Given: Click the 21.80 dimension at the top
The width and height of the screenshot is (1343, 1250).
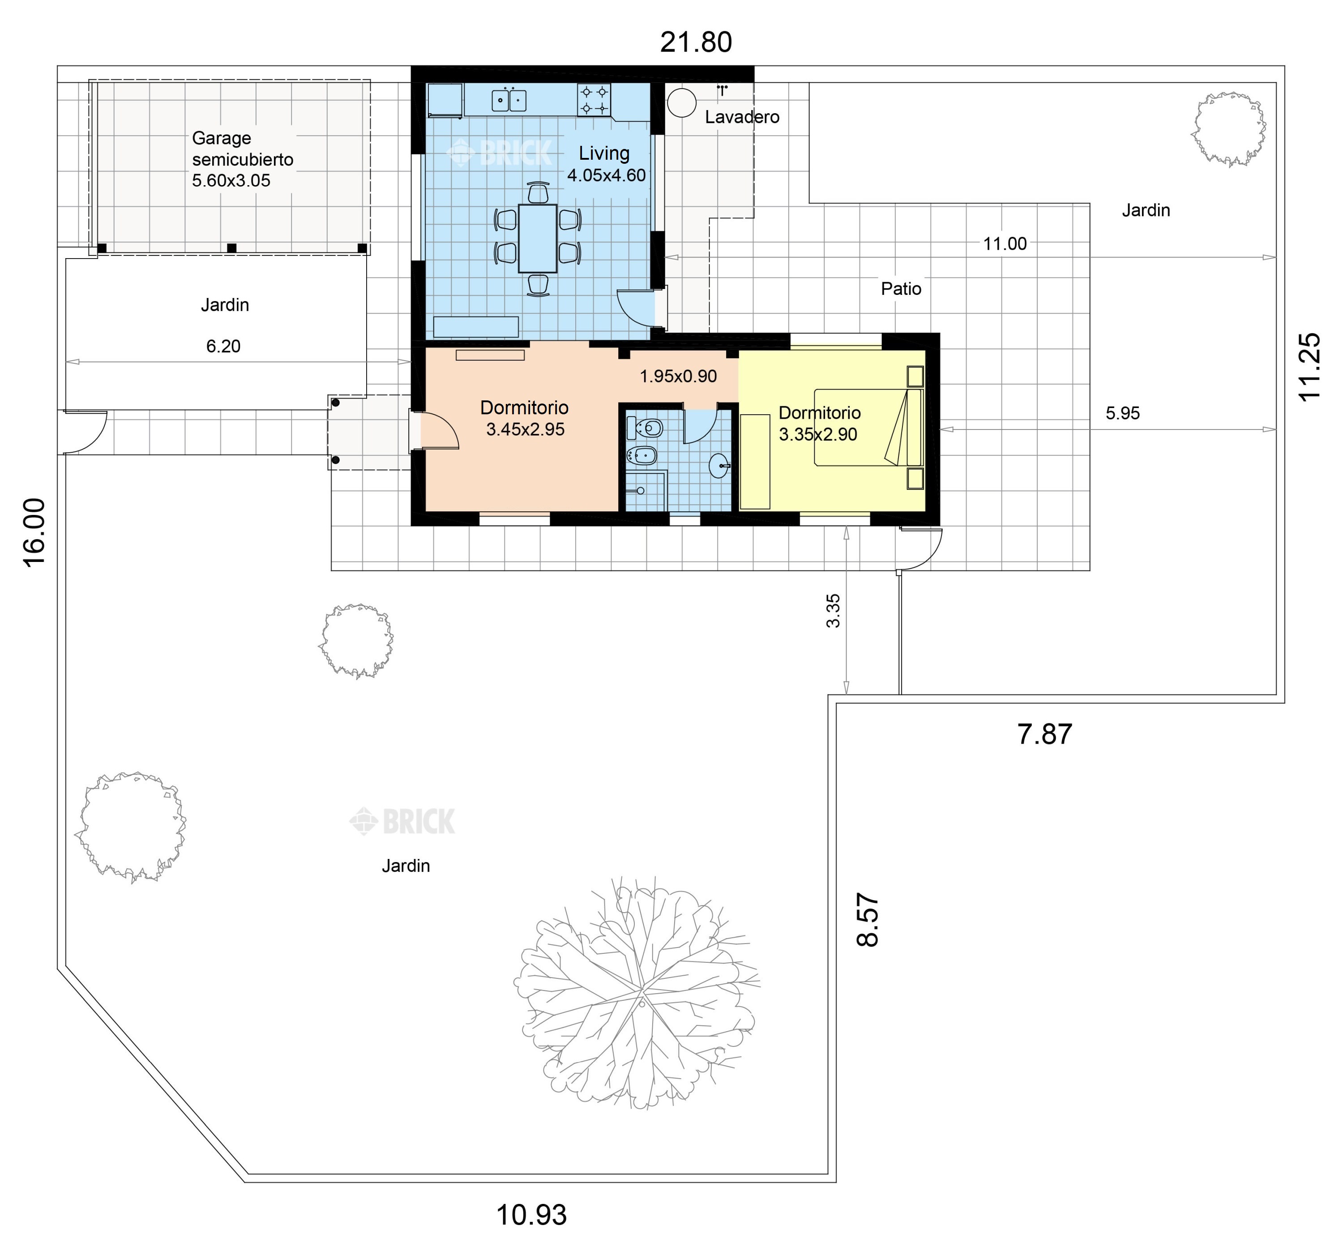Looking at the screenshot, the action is tap(695, 42).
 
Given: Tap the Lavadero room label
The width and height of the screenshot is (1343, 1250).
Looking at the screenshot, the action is tap(742, 117).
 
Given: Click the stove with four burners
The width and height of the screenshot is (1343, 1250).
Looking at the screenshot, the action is tap(594, 99).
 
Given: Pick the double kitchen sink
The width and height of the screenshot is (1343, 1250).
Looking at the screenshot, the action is tap(509, 100).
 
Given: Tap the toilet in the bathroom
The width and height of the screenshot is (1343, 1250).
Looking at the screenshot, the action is tap(645, 427).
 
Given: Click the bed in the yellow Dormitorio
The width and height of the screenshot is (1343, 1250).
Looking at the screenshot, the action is tap(868, 427).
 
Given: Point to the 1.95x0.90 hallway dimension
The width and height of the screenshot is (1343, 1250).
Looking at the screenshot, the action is tap(678, 376).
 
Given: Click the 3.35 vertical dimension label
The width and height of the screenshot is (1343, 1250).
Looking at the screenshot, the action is tap(834, 611).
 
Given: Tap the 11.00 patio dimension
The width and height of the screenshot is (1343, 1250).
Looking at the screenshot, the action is tap(1005, 244).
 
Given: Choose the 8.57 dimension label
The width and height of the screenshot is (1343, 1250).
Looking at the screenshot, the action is tap(868, 920).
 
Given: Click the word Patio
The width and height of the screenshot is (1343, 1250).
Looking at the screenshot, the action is tap(901, 289).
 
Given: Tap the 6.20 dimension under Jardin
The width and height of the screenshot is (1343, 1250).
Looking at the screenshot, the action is tap(223, 346).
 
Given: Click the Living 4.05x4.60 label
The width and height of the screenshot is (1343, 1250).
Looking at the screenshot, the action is tap(606, 164).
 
